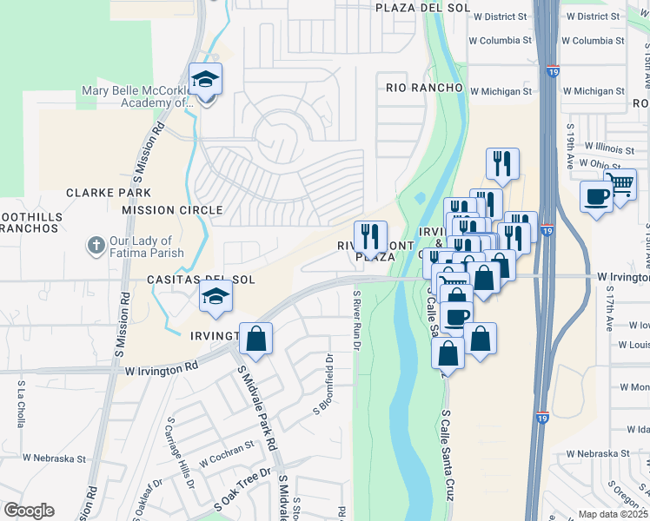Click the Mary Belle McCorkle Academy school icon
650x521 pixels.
[x=205, y=81]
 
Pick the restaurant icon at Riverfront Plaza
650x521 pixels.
[x=370, y=235]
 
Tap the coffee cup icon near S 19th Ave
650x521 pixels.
[x=596, y=197]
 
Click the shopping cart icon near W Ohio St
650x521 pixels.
[x=620, y=184]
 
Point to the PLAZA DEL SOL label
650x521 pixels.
[x=422, y=7]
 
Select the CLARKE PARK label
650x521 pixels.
[x=109, y=193]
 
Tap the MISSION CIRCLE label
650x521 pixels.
[x=172, y=210]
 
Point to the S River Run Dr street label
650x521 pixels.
[x=356, y=321]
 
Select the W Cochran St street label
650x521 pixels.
[x=225, y=453]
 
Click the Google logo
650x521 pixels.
[x=29, y=511]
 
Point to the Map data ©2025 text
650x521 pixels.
[x=614, y=514]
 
